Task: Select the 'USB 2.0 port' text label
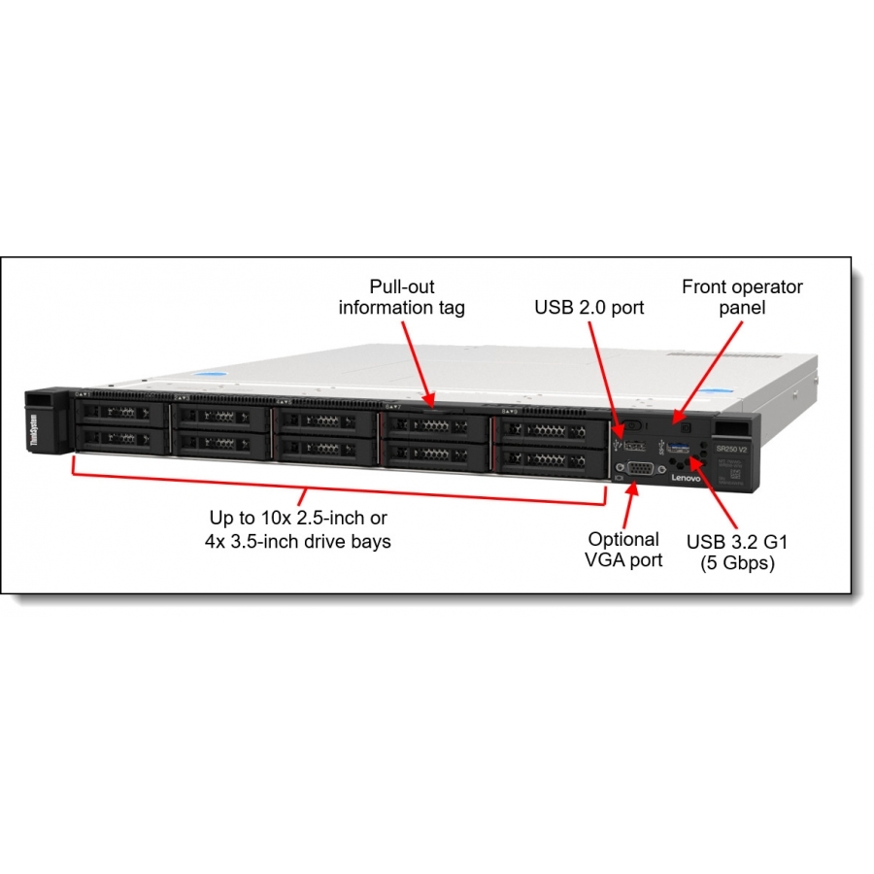[589, 308]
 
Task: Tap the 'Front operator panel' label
[742, 297]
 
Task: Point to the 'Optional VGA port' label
[624, 549]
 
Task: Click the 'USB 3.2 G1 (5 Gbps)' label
[730, 552]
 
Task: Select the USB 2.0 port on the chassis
[636, 445]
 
